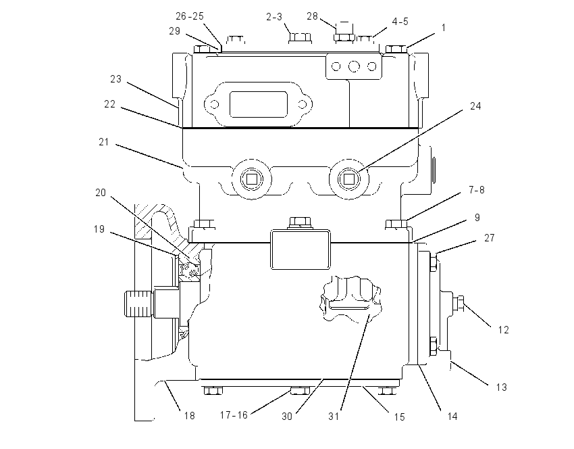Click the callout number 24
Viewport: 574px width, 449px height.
[475, 106]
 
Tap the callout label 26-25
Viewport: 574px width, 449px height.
[190, 16]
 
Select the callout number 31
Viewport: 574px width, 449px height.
[334, 417]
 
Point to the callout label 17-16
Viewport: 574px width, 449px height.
[234, 415]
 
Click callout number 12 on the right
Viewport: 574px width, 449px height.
[503, 330]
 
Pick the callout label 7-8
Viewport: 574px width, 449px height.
[477, 190]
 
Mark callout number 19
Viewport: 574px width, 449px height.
[99, 229]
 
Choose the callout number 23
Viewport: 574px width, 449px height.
[115, 79]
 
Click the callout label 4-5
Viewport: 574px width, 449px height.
[400, 22]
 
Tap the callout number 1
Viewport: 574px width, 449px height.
[444, 28]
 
